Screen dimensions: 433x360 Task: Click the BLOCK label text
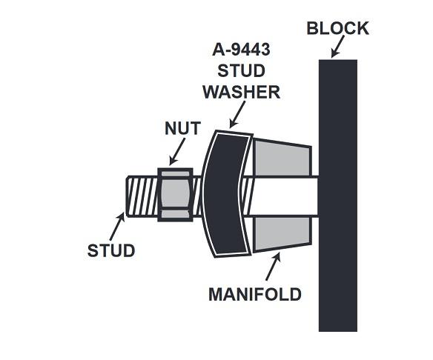[x=338, y=28]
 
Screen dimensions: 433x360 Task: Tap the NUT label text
[x=182, y=128]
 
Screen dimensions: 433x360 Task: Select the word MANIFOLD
[x=255, y=294]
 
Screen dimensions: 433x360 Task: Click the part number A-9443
[x=241, y=50]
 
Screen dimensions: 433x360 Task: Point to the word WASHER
[x=242, y=92]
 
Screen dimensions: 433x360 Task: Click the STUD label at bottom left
[x=111, y=251]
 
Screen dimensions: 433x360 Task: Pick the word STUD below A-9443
[x=242, y=71]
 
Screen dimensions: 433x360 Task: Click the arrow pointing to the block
[x=338, y=47]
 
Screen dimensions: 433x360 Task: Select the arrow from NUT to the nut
[x=177, y=151]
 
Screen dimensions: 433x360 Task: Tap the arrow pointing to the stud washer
[x=237, y=115]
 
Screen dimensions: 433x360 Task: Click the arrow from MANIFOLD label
[x=274, y=267]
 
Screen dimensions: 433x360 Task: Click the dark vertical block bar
[x=338, y=196]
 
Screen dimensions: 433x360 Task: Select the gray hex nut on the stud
[x=175, y=195]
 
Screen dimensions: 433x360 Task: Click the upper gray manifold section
[x=282, y=158]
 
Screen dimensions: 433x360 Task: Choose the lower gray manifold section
[x=282, y=234]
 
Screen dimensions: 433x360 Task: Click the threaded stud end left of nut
[x=142, y=196]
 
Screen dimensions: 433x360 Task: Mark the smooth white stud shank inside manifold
[x=285, y=196]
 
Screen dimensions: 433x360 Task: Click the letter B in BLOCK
[x=312, y=28]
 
